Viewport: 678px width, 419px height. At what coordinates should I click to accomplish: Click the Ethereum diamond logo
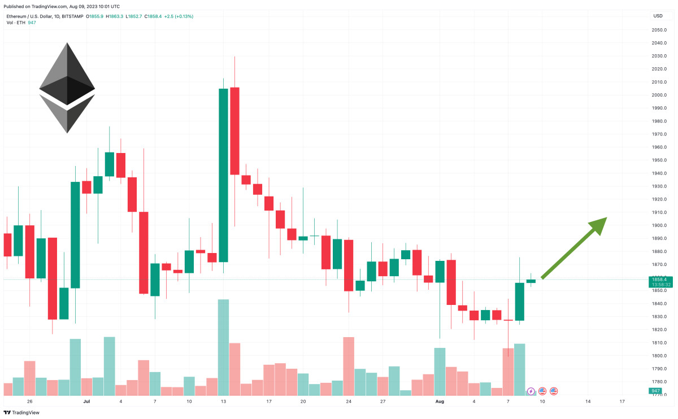[x=67, y=88]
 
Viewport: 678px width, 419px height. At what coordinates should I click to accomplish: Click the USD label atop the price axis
[x=658, y=16]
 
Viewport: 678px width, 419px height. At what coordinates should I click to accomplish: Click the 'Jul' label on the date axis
[x=86, y=401]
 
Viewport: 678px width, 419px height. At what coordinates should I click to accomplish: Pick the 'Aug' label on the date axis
[x=440, y=401]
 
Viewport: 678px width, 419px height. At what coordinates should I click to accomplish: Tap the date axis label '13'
[x=224, y=401]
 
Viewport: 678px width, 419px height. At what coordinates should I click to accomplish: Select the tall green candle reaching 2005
[x=223, y=175]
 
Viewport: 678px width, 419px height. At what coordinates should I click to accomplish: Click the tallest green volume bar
[x=223, y=347]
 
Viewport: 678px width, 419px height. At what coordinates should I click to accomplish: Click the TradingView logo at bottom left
[x=23, y=412]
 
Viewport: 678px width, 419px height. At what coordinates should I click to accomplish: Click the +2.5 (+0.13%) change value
[x=179, y=16]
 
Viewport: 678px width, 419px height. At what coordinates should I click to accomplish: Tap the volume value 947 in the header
[x=32, y=23]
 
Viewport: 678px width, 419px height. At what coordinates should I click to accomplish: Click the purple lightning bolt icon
[x=531, y=391]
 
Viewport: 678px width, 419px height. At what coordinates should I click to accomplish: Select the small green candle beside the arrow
[x=531, y=281]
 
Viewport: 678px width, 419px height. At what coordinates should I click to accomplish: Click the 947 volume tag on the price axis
[x=656, y=391]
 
